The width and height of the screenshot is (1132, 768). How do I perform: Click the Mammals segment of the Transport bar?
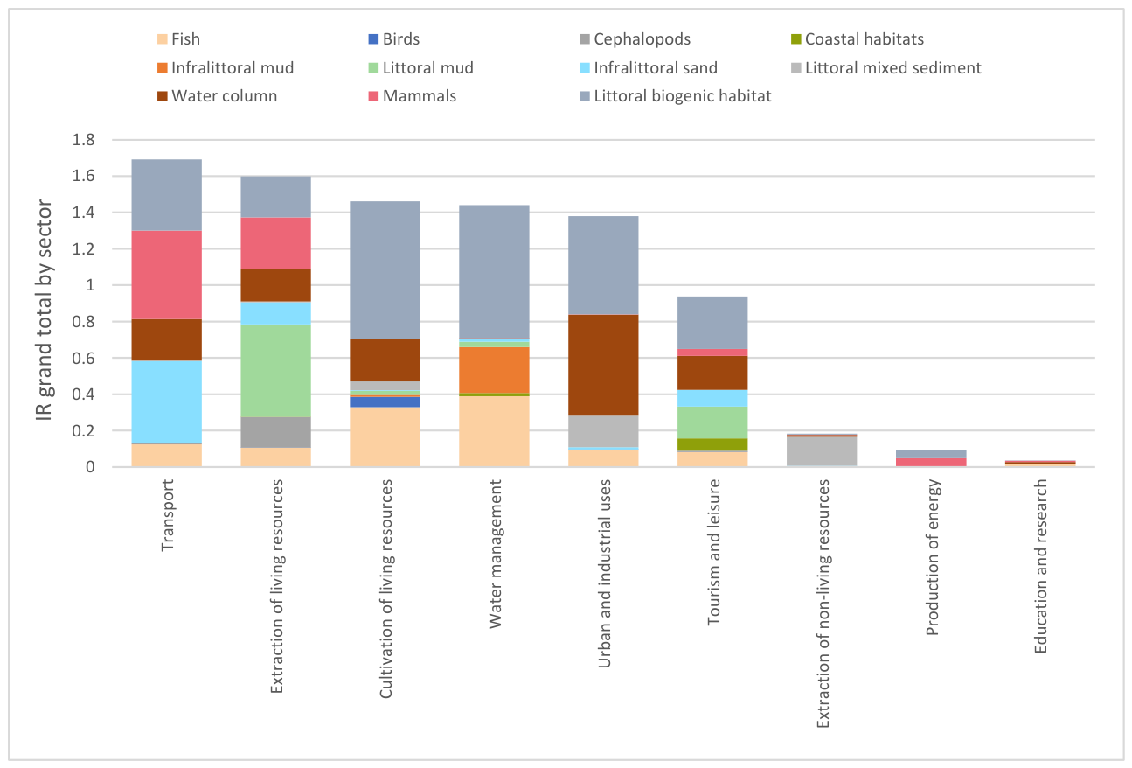(x=166, y=275)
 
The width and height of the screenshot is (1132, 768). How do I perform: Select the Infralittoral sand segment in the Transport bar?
(x=166, y=402)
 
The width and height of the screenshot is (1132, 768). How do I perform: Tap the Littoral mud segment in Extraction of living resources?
(x=275, y=371)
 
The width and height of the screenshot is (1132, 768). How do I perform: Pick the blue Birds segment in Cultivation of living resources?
(x=385, y=402)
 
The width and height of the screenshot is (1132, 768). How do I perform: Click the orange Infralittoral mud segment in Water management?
(x=494, y=370)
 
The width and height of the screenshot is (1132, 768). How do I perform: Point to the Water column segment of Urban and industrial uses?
(x=603, y=365)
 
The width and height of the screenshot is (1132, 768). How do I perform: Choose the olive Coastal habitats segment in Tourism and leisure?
(x=712, y=444)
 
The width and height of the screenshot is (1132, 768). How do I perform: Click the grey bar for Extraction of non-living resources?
(x=821, y=451)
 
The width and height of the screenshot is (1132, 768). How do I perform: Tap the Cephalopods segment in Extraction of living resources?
(x=275, y=432)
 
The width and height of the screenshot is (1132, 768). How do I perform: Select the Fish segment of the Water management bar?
(x=494, y=431)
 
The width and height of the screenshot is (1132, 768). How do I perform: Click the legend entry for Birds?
(x=394, y=39)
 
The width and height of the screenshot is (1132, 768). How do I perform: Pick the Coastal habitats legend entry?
(x=858, y=39)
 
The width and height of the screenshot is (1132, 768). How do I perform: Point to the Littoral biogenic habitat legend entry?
(x=676, y=96)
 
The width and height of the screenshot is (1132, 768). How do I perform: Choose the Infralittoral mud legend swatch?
(x=163, y=67)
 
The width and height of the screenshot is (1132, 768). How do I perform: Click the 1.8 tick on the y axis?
(x=83, y=140)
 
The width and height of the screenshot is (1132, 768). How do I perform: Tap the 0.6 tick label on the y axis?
(x=83, y=358)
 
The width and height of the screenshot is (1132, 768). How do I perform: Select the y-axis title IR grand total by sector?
(x=44, y=310)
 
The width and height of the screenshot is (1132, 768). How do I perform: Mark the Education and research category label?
(x=1040, y=566)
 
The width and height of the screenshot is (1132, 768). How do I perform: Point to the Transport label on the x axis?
(x=167, y=515)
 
